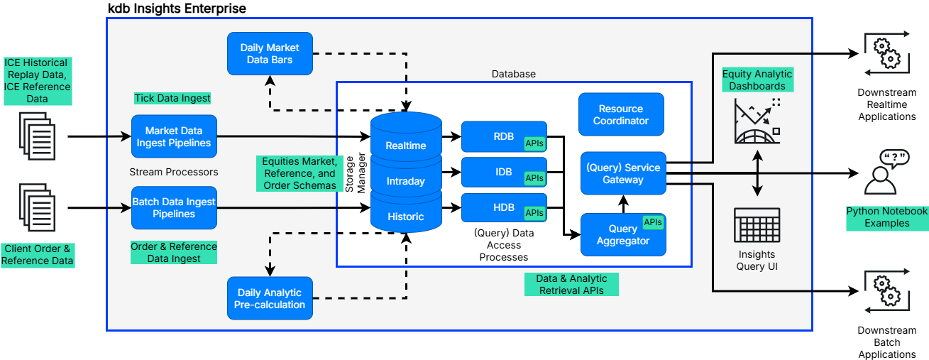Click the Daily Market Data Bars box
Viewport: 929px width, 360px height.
[270, 54]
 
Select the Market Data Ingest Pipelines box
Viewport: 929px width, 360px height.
[174, 136]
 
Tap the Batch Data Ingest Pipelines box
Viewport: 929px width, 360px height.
[174, 207]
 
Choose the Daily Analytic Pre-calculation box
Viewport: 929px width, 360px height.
[270, 298]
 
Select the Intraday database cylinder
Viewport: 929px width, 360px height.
[406, 180]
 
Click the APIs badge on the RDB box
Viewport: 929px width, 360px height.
[534, 143]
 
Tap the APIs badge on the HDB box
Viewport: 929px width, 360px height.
[534, 212]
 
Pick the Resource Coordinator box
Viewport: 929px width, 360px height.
[621, 114]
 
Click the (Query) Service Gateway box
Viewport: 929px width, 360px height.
[623, 173]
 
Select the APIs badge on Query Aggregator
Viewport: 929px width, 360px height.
[653, 222]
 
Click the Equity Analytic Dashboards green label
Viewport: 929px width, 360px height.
[757, 80]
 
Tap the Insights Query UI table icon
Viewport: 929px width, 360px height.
[757, 226]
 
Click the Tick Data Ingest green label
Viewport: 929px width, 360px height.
[172, 98]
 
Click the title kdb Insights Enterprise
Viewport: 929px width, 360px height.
[177, 9]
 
